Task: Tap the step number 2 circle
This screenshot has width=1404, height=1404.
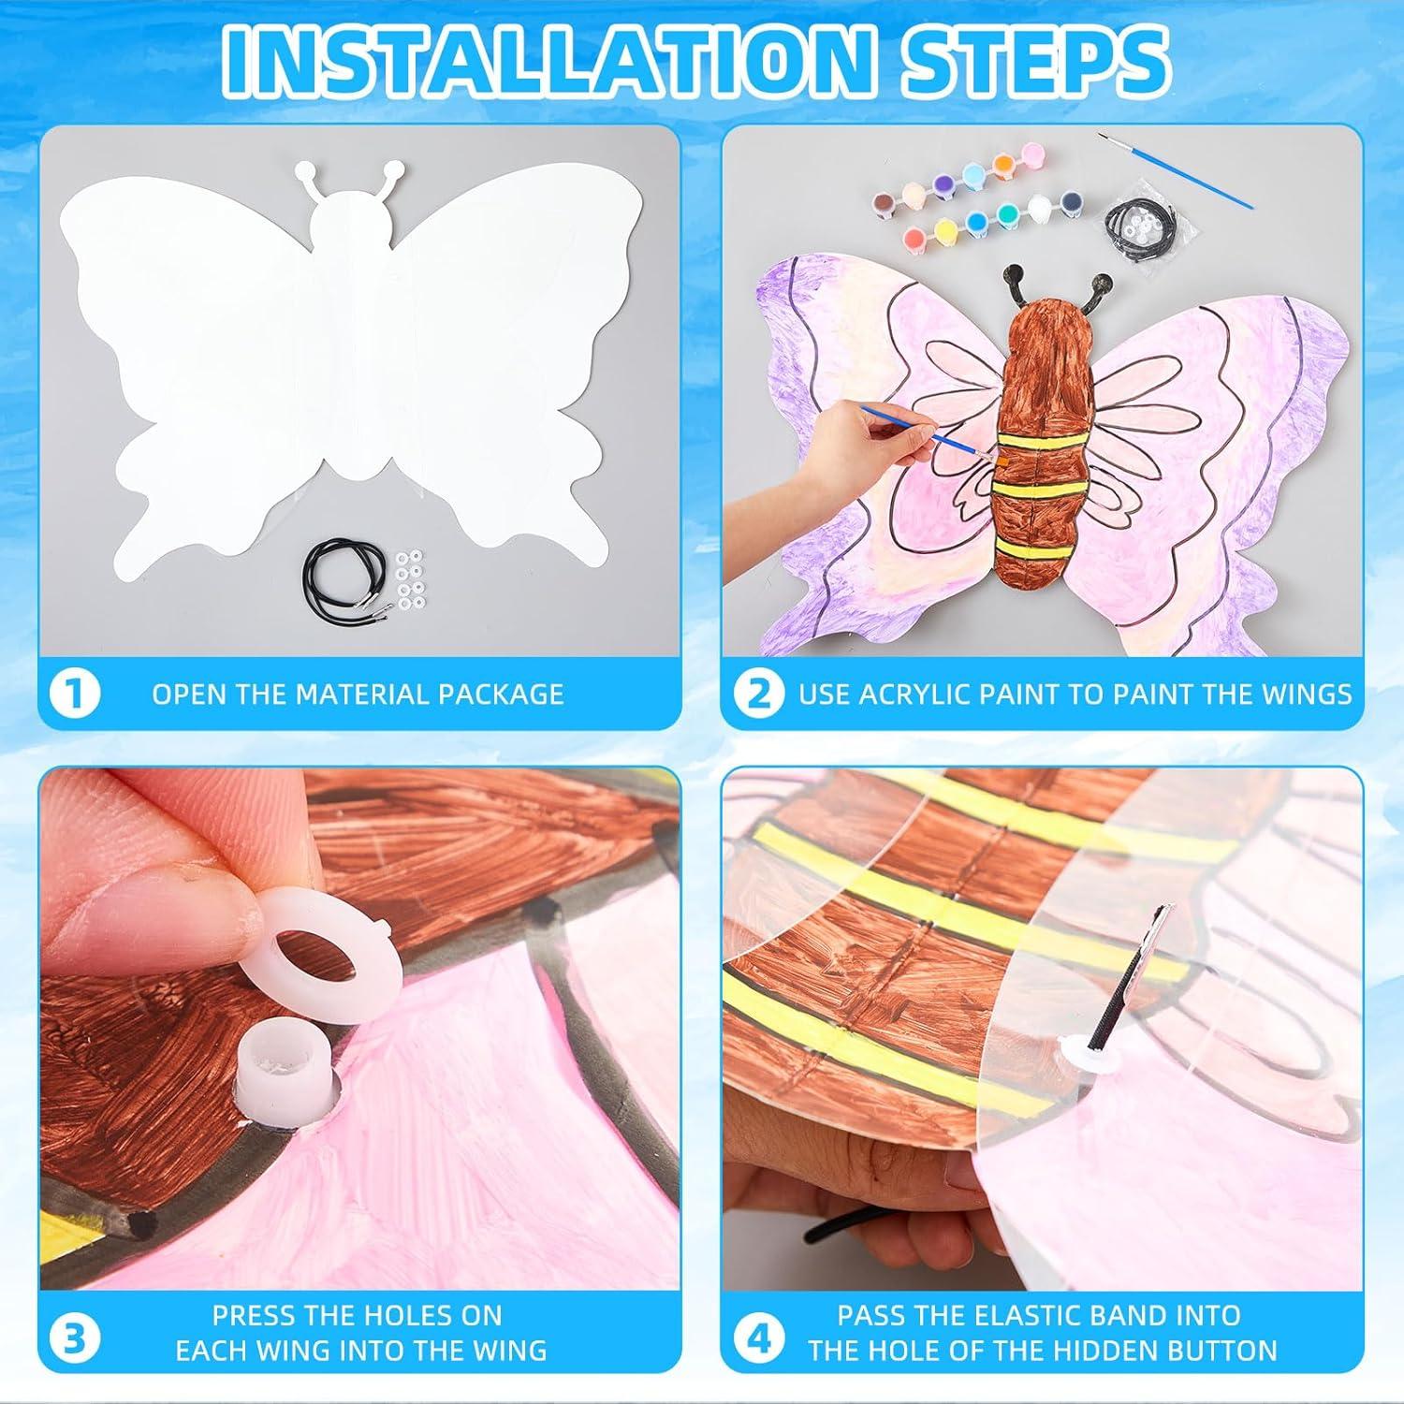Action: pos(759,695)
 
